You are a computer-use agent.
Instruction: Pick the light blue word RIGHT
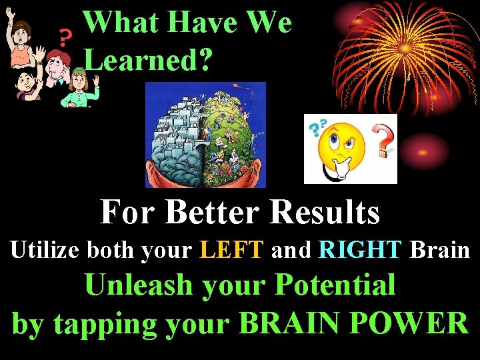tap(361, 250)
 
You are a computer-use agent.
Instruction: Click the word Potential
tap(335, 285)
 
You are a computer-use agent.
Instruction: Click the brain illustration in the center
tap(205, 135)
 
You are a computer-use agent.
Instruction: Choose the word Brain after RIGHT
tap(440, 250)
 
